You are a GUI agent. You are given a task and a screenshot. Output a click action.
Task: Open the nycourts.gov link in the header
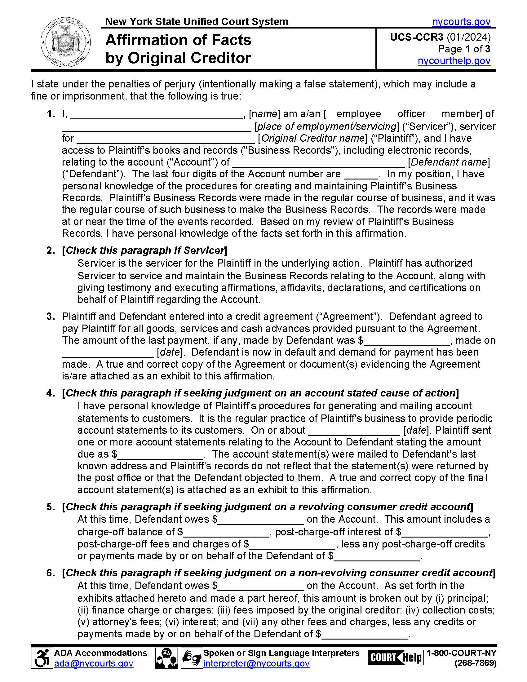click(461, 22)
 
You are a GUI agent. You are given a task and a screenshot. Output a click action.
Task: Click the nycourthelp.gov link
click(454, 61)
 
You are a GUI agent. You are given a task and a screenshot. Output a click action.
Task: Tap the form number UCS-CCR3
click(416, 37)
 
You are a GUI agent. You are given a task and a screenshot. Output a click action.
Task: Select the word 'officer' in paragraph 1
click(411, 114)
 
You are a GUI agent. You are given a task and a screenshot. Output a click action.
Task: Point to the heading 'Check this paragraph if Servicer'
click(145, 250)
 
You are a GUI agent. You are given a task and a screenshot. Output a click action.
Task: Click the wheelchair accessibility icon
click(42, 658)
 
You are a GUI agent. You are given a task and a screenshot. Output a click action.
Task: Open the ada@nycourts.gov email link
click(94, 663)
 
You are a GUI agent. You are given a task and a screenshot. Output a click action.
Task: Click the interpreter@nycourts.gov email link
click(256, 663)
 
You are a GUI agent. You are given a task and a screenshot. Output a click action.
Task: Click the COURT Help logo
click(395, 658)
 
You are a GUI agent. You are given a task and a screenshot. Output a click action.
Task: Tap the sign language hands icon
click(191, 658)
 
